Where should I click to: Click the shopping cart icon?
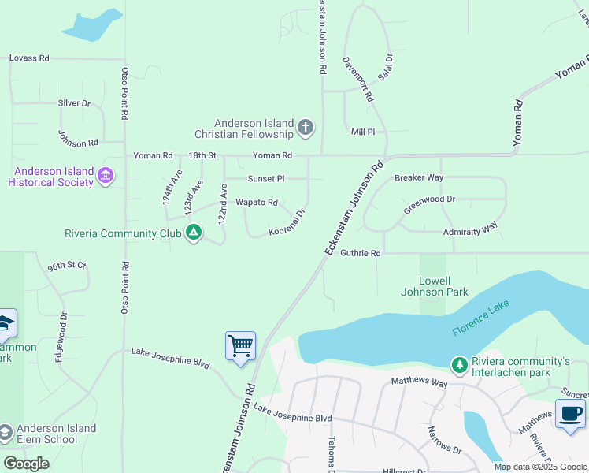click(240, 345)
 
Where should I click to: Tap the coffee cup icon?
click(570, 413)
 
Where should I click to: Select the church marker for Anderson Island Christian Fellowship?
click(306, 127)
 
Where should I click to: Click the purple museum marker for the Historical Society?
click(105, 177)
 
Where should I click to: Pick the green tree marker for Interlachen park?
click(458, 364)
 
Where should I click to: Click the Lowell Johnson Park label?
click(446, 286)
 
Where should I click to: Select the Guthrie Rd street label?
click(361, 253)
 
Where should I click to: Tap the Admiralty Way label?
click(470, 228)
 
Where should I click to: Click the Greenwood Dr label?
click(429, 205)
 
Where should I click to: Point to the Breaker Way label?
click(418, 178)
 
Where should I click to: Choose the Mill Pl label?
click(363, 132)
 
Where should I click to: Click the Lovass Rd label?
click(29, 58)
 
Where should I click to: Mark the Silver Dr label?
click(74, 103)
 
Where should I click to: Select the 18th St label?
click(202, 156)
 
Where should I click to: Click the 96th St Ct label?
click(66, 266)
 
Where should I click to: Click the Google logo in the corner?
click(27, 464)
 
